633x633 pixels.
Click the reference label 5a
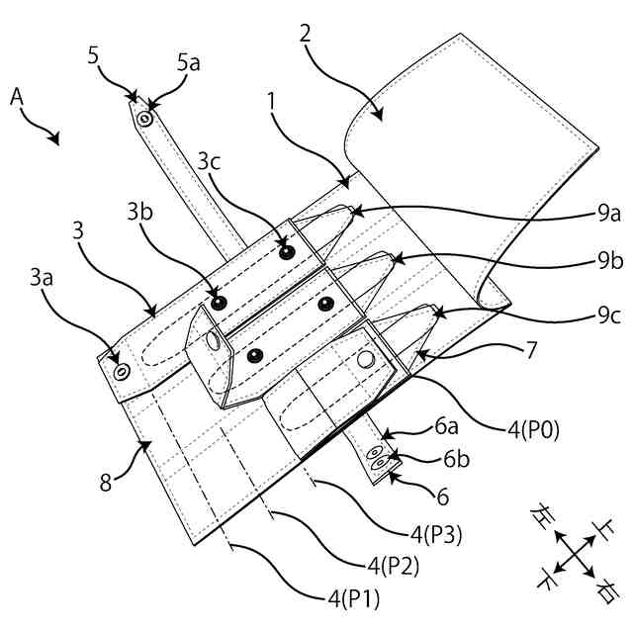pyautogui.click(x=188, y=63)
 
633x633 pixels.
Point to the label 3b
pyautogui.click(x=138, y=213)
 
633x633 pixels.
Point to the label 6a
pyautogui.click(x=445, y=427)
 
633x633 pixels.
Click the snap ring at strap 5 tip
pyautogui.click(x=145, y=120)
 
